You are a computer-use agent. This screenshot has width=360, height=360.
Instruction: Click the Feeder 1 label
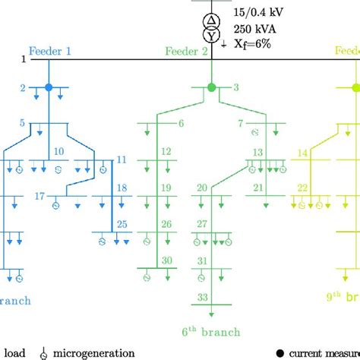click(x=50, y=51)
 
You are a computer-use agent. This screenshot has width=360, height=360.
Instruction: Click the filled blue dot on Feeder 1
click(x=49, y=87)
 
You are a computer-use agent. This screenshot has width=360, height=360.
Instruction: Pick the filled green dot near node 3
click(x=212, y=87)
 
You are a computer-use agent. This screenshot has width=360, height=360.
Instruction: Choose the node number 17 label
click(x=40, y=196)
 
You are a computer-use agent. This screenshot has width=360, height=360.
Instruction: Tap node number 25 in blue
click(x=122, y=224)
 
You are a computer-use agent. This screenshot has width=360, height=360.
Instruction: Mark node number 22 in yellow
click(x=302, y=188)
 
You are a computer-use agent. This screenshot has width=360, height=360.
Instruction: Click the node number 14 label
click(x=302, y=153)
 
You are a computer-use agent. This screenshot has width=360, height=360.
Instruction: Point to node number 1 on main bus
click(x=24, y=59)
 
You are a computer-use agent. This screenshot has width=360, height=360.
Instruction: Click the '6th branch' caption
click(x=211, y=332)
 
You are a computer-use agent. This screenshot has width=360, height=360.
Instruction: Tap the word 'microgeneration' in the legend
click(x=90, y=352)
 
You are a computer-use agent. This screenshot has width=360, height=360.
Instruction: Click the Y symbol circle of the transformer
click(x=212, y=34)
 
